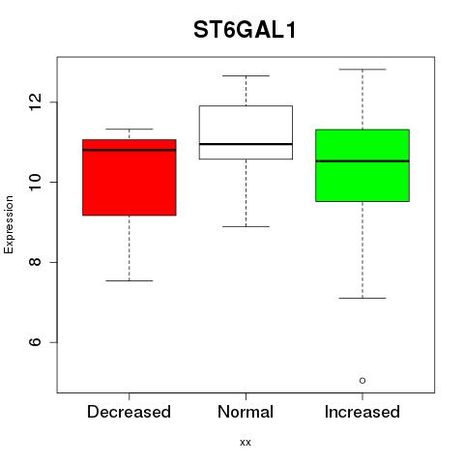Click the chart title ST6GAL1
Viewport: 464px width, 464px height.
[x=245, y=30]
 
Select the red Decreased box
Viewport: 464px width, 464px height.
[x=130, y=177]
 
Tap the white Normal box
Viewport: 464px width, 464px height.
[x=246, y=132]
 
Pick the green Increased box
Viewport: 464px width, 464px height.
[x=362, y=165]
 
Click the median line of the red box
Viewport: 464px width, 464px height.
[x=130, y=150]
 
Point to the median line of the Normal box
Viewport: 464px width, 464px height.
[x=246, y=144]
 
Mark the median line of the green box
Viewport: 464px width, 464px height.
[x=362, y=161]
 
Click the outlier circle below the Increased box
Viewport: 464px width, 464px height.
[x=362, y=381]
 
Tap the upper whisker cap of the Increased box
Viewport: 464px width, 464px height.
[x=362, y=70]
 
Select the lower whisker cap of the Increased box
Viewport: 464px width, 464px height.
[x=362, y=298]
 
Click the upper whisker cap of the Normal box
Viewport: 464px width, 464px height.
[x=246, y=75]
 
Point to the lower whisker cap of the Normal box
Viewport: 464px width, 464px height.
[x=246, y=226]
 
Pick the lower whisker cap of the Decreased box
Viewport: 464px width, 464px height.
[x=130, y=280]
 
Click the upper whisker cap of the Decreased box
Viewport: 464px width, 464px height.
[x=130, y=129]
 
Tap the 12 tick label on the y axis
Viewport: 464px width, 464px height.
[x=35, y=102]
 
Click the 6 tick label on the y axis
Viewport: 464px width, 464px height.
[x=35, y=342]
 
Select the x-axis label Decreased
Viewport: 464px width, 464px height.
[x=129, y=412]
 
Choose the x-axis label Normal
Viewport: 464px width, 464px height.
[x=246, y=412]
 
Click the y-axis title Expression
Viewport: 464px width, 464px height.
[x=9, y=224]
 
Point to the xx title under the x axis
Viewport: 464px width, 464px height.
[x=246, y=443]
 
